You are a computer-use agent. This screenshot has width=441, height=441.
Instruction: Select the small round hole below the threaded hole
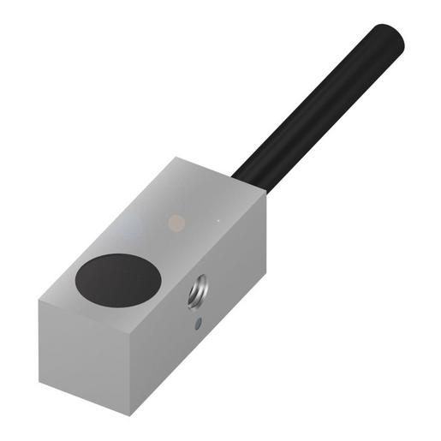199,324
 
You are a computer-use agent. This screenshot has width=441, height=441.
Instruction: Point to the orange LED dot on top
176,222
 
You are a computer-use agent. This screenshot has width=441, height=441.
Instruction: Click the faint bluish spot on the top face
130,228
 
